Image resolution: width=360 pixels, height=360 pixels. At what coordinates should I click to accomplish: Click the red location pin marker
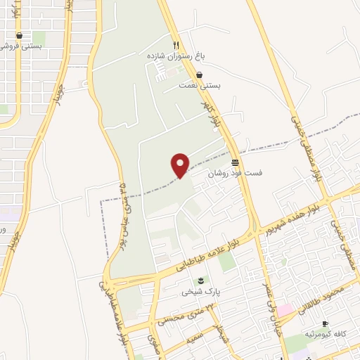(x=181, y=165)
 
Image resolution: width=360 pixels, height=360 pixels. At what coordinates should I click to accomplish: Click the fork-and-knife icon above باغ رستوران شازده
(x=176, y=42)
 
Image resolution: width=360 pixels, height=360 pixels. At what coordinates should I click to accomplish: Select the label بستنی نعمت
(x=199, y=85)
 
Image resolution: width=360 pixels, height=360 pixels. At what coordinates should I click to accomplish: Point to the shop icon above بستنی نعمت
(x=200, y=74)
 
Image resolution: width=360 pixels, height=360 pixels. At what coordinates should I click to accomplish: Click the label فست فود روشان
(x=232, y=172)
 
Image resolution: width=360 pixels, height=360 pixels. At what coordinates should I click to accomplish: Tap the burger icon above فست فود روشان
(x=234, y=161)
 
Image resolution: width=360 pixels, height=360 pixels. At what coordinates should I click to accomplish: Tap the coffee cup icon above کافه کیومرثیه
(x=324, y=323)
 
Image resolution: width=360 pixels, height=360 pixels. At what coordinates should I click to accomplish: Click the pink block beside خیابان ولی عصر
(x=284, y=310)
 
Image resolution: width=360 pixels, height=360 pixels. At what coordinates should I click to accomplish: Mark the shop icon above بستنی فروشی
(x=19, y=35)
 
